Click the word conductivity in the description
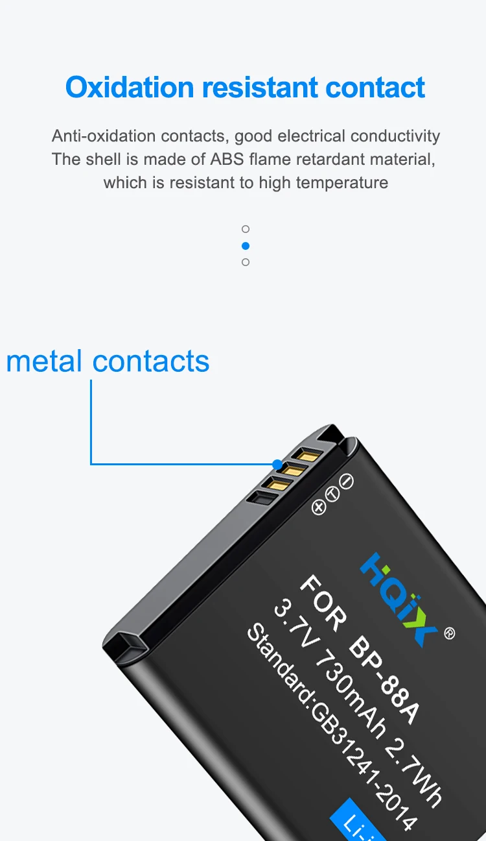click(x=395, y=136)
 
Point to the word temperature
click(x=342, y=182)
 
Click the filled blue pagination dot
click(x=246, y=246)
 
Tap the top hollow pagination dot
click(x=246, y=229)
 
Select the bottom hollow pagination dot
click(x=246, y=262)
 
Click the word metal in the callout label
click(x=44, y=361)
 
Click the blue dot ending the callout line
click(x=277, y=465)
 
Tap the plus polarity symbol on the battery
click(x=318, y=507)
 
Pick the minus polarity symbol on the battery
click(x=347, y=482)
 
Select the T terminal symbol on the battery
click(x=332, y=494)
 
